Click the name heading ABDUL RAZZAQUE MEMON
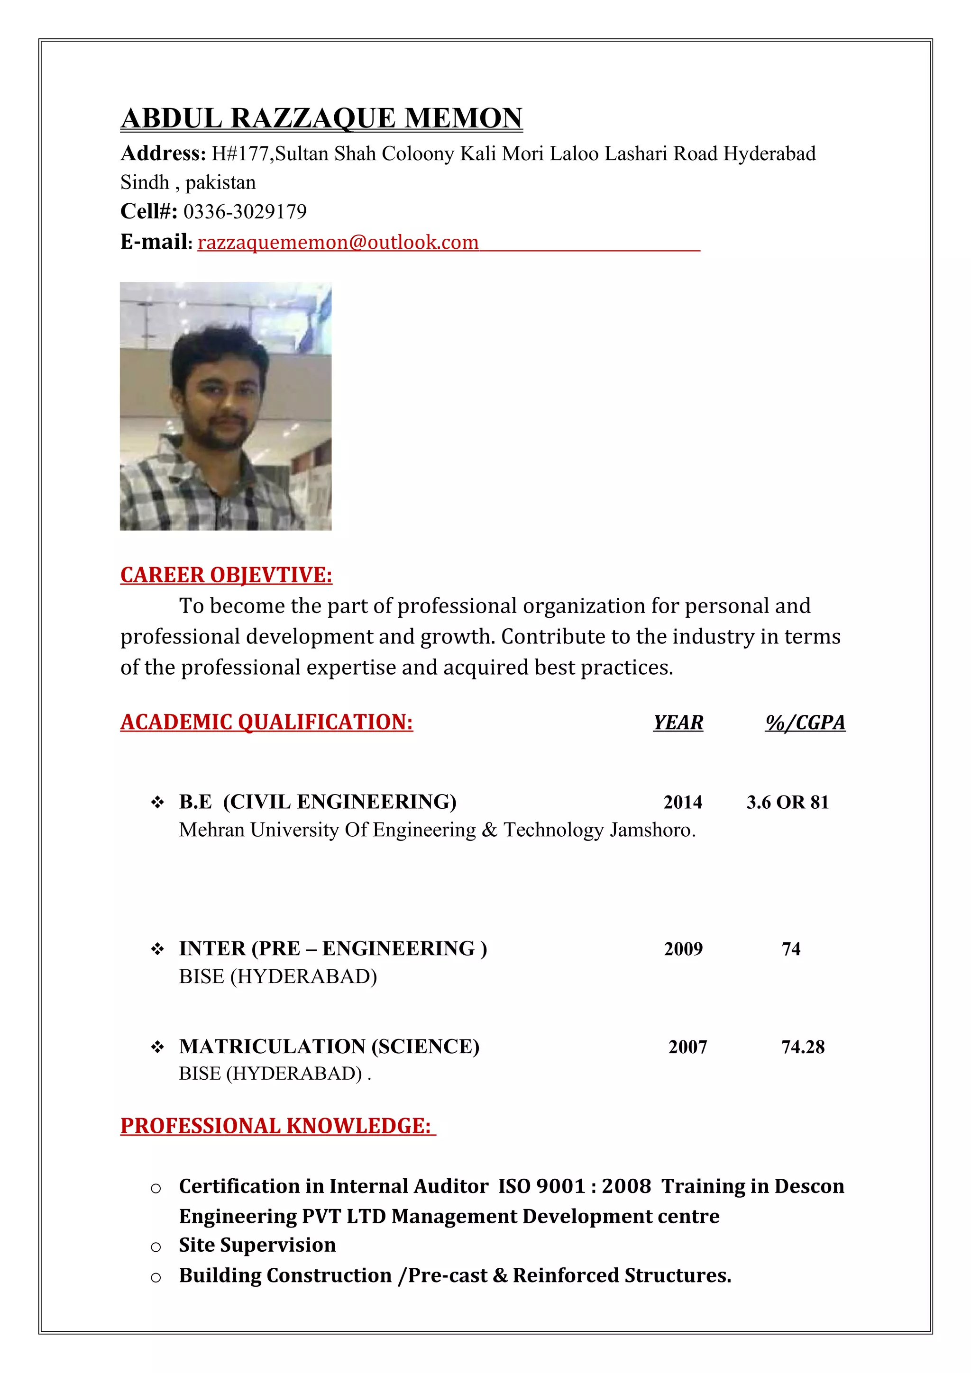(x=322, y=118)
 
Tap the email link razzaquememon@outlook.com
(x=338, y=242)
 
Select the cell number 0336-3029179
(x=245, y=212)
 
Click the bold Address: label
(x=163, y=154)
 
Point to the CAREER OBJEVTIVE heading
(x=226, y=575)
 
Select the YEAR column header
(x=678, y=723)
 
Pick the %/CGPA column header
(x=805, y=723)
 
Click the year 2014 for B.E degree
(x=683, y=802)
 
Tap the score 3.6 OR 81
(x=788, y=802)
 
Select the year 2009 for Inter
(x=683, y=948)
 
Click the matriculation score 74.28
(x=803, y=1047)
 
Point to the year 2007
(x=687, y=1047)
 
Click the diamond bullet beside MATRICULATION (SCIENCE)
(x=157, y=1047)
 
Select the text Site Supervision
(x=257, y=1245)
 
